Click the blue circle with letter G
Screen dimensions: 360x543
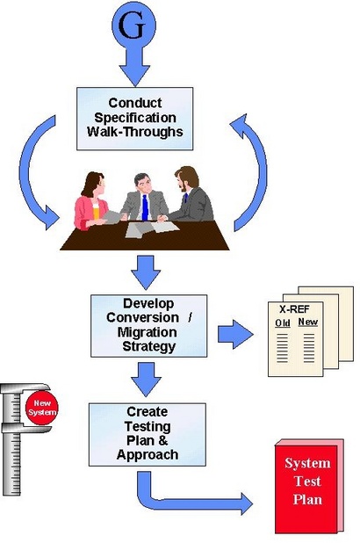click(x=133, y=25)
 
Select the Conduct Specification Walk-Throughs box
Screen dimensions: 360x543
click(x=134, y=119)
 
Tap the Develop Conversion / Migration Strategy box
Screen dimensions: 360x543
click(x=149, y=325)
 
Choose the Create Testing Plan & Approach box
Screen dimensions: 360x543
click(x=148, y=434)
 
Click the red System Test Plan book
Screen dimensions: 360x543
click(x=308, y=486)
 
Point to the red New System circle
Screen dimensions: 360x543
click(x=42, y=408)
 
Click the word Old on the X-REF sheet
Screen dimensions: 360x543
click(x=283, y=322)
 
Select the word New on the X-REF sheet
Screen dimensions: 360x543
click(x=307, y=322)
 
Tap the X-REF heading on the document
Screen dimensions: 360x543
click(x=294, y=309)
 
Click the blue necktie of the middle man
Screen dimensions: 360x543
click(x=145, y=207)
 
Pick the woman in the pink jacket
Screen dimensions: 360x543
click(x=90, y=201)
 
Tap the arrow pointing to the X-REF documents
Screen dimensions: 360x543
click(x=235, y=334)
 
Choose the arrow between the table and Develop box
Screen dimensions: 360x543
click(x=146, y=272)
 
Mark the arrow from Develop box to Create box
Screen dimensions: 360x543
click(x=146, y=380)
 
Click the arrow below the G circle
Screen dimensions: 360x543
click(x=134, y=66)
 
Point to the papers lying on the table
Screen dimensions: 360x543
click(x=152, y=229)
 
